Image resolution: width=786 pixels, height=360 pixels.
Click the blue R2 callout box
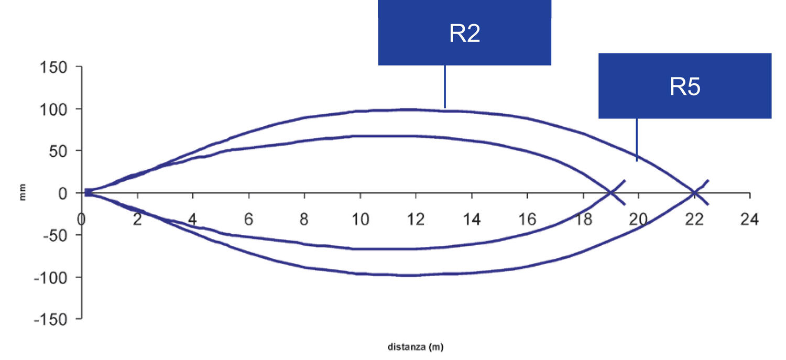(465, 32)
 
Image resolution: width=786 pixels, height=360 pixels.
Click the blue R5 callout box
(685, 86)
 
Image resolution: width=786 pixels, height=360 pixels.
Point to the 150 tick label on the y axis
(53, 67)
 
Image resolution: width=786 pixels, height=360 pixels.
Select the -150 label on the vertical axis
(50, 319)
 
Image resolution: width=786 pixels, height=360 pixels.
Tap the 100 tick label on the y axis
(53, 110)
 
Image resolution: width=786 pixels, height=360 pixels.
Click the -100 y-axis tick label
(50, 278)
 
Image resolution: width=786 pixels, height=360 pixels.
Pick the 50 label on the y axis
(58, 151)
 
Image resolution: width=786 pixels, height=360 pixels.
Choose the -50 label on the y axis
(55, 235)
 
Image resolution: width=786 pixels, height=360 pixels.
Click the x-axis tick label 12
(416, 220)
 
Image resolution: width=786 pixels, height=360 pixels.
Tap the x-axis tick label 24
(749, 220)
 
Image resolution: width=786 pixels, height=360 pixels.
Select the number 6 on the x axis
(248, 220)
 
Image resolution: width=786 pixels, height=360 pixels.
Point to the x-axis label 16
(527, 220)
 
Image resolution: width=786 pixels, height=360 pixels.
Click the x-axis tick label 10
(361, 220)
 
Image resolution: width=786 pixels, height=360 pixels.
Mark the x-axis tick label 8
(304, 220)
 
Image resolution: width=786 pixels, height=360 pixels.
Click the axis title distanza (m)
(416, 347)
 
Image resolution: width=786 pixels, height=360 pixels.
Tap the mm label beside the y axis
(23, 192)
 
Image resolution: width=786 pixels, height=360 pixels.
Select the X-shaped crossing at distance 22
(694, 193)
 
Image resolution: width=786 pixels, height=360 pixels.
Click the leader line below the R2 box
(445, 86)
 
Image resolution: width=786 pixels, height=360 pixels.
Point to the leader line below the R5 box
(637, 140)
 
